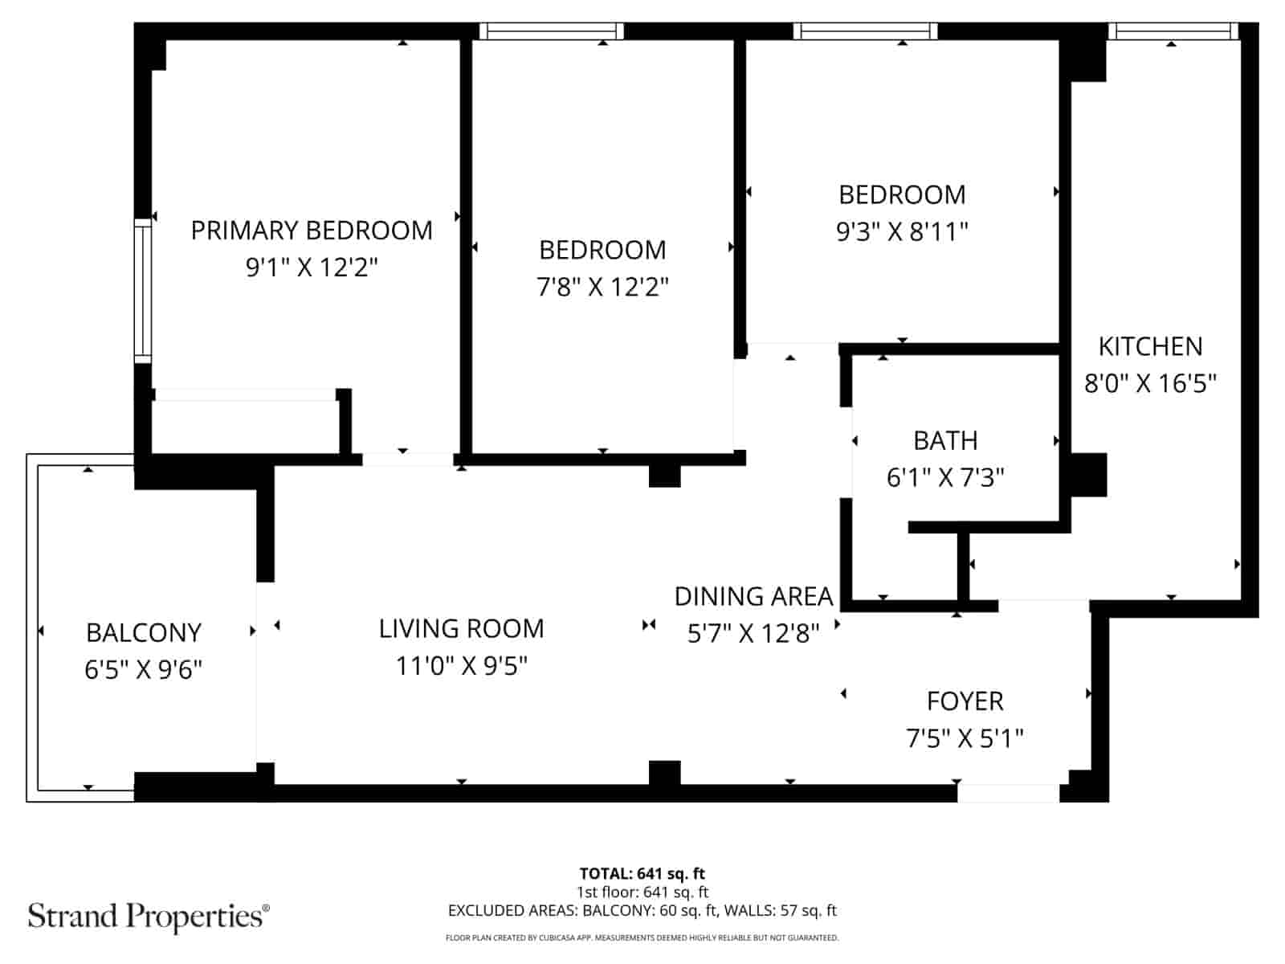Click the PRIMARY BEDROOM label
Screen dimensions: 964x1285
312,231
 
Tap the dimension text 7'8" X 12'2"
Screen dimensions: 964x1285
602,287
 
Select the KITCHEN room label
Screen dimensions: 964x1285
1150,346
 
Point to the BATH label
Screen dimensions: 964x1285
945,441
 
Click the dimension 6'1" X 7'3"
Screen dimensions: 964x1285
945,478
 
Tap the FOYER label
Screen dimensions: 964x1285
965,701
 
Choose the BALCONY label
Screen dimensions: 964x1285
143,633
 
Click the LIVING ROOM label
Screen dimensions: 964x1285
461,628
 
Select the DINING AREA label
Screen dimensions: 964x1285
753,597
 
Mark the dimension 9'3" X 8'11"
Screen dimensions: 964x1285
902,232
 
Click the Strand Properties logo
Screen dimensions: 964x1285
149,916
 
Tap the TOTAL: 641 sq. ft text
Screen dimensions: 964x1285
642,873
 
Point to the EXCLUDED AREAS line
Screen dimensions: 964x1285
642,910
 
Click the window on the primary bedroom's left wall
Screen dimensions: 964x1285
142,289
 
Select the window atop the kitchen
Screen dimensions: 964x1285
1172,31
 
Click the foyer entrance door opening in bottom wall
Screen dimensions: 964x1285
1008,793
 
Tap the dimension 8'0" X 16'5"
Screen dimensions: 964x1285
1150,383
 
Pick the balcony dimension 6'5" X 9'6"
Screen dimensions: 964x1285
143,669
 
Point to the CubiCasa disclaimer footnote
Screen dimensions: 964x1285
642,937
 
